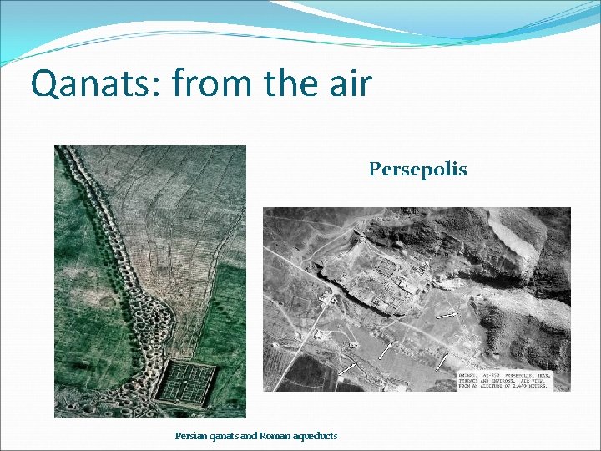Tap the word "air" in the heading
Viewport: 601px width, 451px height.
346,84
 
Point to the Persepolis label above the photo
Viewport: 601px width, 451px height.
417,170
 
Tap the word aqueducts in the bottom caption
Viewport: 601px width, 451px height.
318,436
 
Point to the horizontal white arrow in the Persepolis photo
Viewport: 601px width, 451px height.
447,314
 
